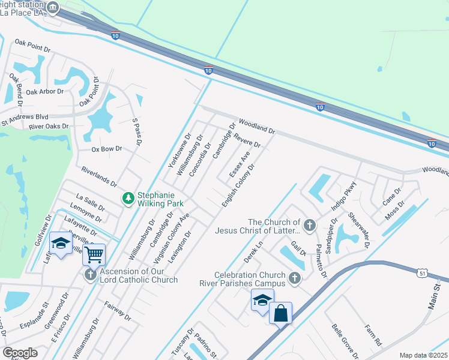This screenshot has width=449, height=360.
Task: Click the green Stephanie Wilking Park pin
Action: click(127, 197)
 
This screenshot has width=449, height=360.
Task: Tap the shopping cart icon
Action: click(94, 254)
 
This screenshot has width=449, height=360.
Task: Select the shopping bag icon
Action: click(280, 313)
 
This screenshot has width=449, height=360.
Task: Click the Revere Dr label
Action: click(247, 140)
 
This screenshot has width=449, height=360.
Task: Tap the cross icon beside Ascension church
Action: click(90, 275)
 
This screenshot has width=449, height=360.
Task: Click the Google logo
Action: click(20, 353)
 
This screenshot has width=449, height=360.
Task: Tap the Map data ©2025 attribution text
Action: click(423, 355)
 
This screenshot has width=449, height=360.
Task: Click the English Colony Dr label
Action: click(238, 185)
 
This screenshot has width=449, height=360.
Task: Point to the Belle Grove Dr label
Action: click(345, 340)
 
